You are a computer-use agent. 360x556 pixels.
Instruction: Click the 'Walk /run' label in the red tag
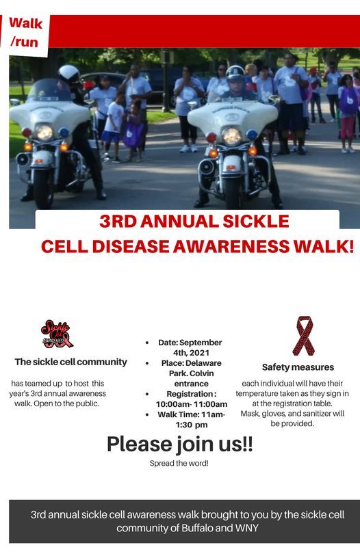[26, 32]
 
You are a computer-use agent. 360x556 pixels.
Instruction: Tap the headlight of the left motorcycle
[44, 133]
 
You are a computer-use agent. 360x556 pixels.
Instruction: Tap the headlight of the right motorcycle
[232, 135]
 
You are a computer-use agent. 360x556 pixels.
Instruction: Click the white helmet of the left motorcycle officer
[68, 73]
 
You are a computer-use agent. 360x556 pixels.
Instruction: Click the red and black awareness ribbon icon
[303, 336]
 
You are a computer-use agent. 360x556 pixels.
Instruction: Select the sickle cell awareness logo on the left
[57, 334]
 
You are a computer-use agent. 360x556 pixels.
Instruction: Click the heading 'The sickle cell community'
[71, 362]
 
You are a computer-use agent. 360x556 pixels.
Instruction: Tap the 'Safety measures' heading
[298, 367]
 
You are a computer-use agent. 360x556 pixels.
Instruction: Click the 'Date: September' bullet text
[190, 342]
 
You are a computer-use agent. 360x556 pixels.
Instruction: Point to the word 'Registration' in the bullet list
[186, 394]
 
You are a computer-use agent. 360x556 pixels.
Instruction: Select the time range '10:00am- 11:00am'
[191, 404]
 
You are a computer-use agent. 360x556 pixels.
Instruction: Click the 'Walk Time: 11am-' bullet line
[191, 414]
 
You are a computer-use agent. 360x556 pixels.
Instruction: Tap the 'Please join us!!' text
[179, 444]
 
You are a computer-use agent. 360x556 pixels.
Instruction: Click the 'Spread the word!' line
[179, 464]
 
